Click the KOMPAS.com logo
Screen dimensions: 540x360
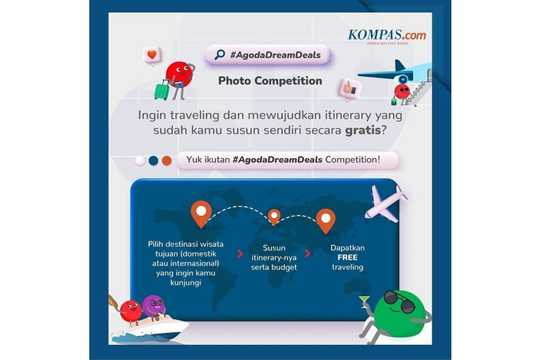(387, 36)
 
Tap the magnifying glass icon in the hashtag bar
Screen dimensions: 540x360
(220, 54)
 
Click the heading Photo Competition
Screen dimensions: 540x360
(270, 81)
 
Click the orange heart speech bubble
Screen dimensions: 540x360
(152, 55)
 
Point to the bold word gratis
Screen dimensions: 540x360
(363, 131)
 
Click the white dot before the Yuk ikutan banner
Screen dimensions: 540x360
(140, 161)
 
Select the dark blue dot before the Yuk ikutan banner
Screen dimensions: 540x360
(153, 161)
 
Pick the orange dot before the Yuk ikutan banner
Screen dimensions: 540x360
(166, 161)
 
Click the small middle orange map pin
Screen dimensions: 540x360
(274, 216)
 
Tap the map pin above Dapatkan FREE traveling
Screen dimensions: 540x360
(326, 220)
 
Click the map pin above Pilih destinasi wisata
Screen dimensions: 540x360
(201, 214)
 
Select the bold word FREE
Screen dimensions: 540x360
(347, 257)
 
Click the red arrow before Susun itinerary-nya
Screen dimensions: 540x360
(240, 254)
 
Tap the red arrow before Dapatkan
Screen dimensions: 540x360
(307, 253)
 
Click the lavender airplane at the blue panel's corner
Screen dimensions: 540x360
(386, 204)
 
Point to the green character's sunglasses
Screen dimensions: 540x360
(399, 301)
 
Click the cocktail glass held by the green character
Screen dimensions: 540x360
(364, 302)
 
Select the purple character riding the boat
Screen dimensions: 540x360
(153, 307)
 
